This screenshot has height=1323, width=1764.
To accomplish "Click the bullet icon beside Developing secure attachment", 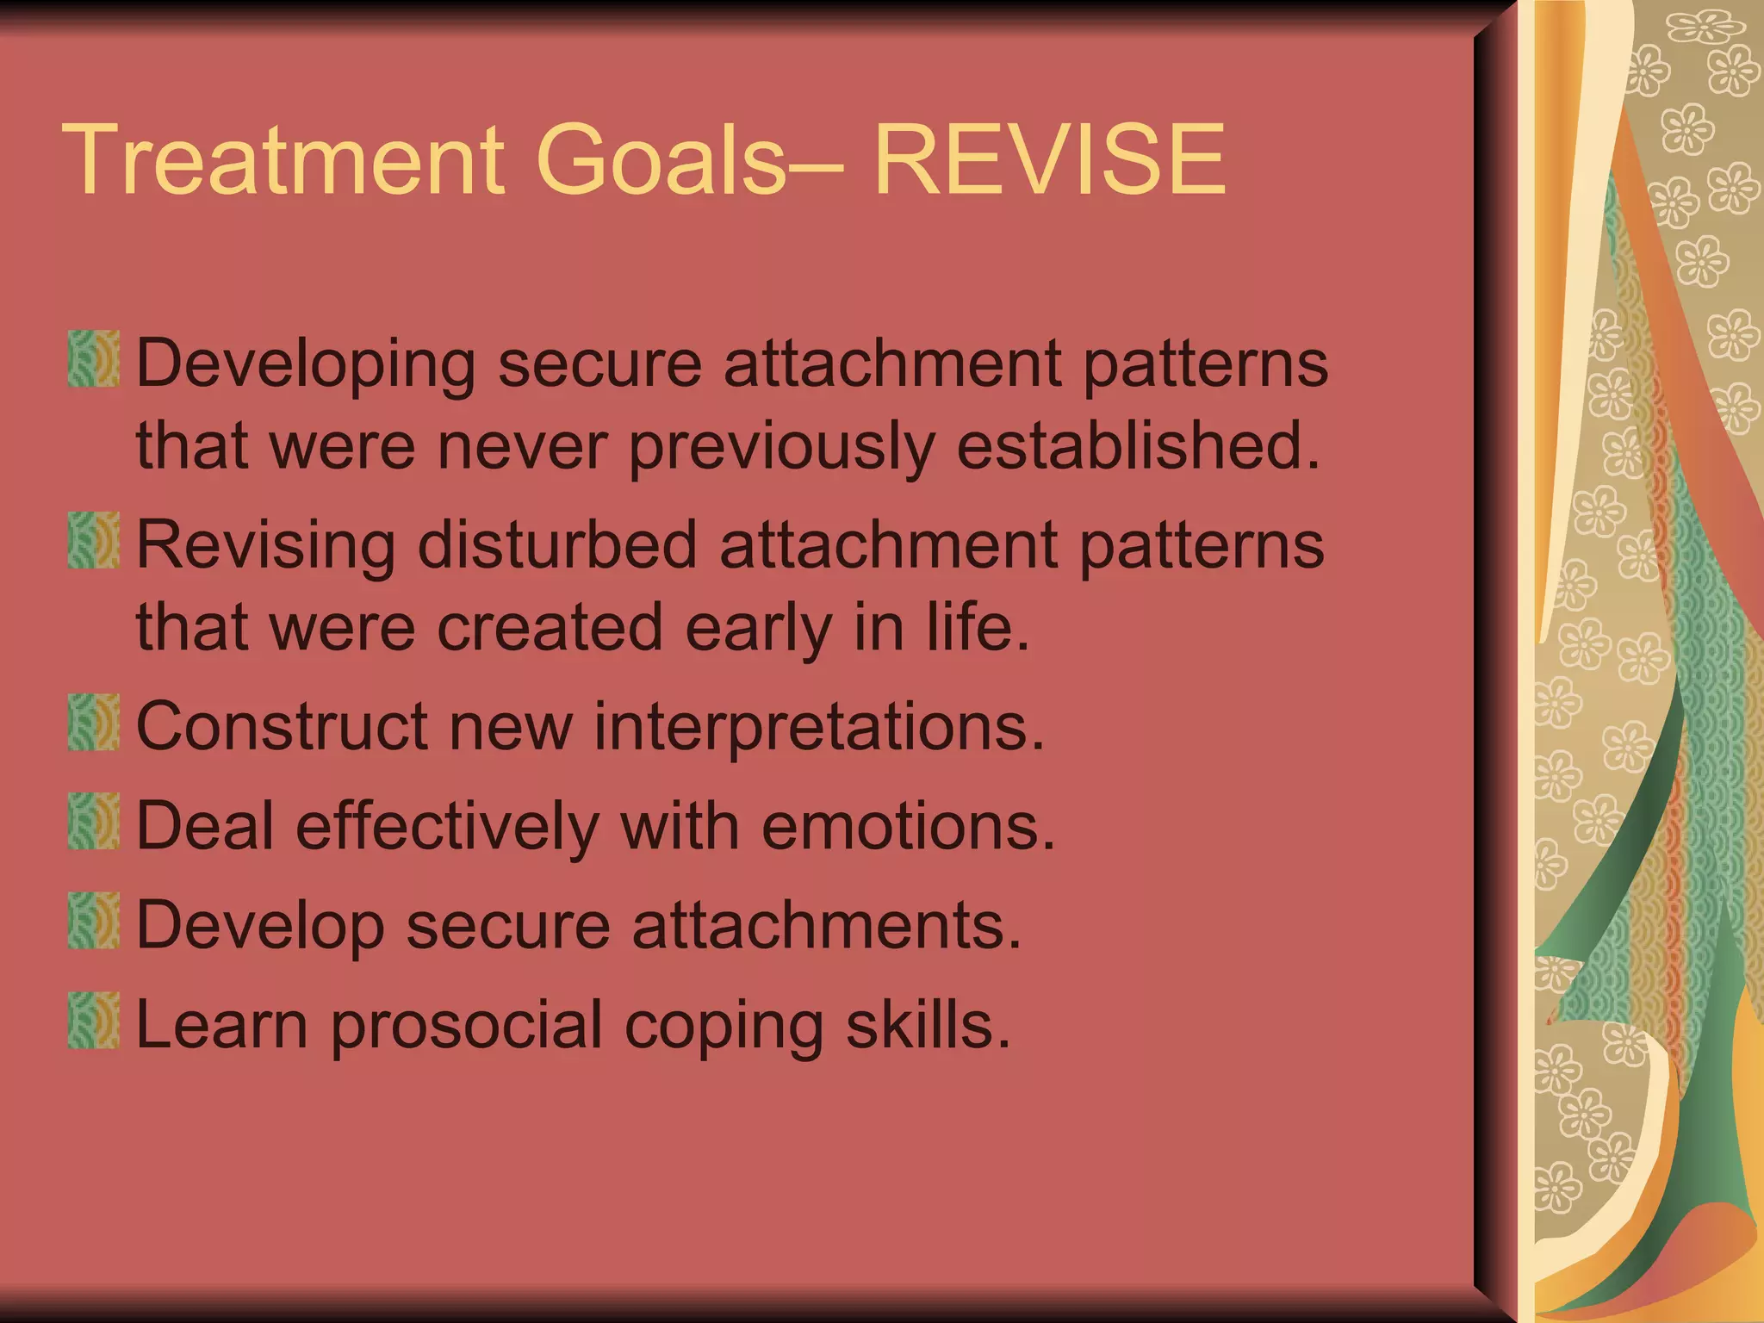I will pyautogui.click(x=93, y=358).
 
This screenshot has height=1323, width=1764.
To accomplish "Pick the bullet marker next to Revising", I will pyautogui.click(x=93, y=540).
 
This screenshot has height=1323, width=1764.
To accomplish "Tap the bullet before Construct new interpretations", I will pyautogui.click(x=93, y=722).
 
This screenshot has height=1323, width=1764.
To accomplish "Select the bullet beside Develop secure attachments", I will pyautogui.click(x=93, y=920).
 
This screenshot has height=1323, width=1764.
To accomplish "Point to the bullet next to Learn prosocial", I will pyautogui.click(x=93, y=1020).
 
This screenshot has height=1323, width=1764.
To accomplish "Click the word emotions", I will pyautogui.click(x=908, y=826).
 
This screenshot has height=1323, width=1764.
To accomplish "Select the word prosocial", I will pyautogui.click(x=466, y=1027).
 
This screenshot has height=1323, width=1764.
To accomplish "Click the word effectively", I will pyautogui.click(x=447, y=826).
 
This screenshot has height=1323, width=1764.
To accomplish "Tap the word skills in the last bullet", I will pyautogui.click(x=928, y=1025).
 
